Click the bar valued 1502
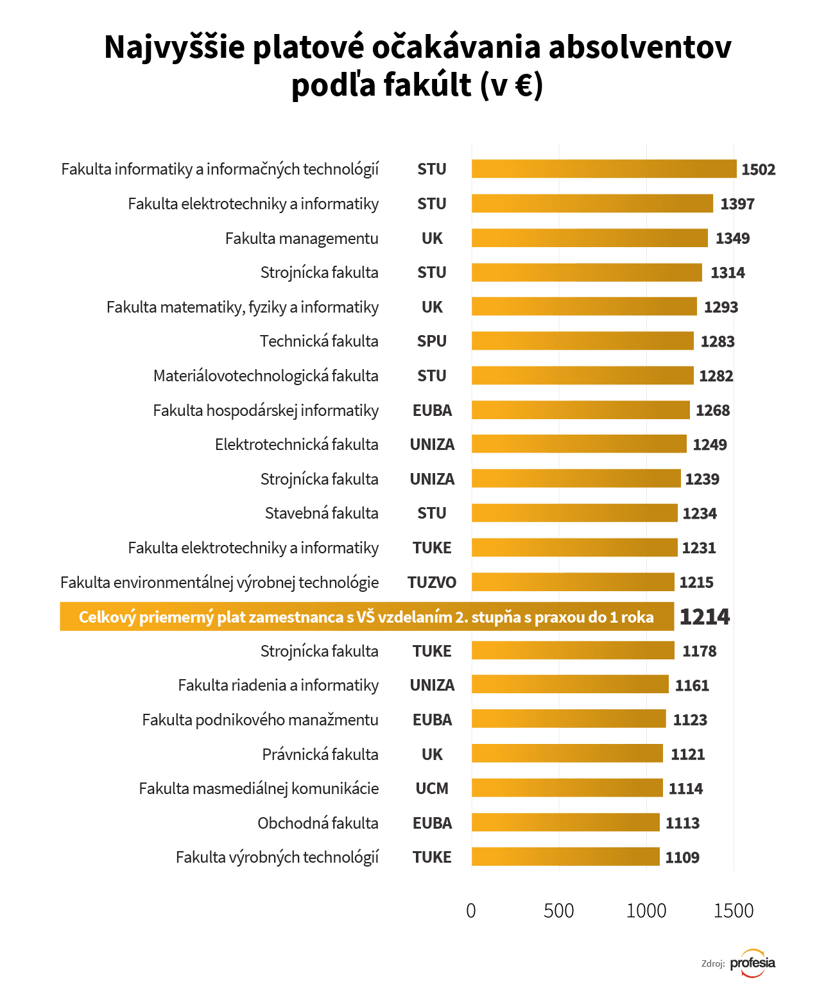pos(603,169)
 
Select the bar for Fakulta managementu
pos(589,238)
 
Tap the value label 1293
pos(721,307)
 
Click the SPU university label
pos(432,341)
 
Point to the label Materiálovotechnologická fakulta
pos(266,376)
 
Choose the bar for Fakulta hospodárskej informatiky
pos(580,410)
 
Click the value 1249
pos(710,445)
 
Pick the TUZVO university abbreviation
pos(432,583)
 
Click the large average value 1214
pos(705,617)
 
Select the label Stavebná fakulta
pos(322,514)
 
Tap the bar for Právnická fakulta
pos(567,754)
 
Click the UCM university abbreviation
pos(432,789)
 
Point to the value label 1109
pos(682,858)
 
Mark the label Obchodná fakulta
pos(318,824)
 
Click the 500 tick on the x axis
pos(558,911)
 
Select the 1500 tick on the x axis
pos(734,911)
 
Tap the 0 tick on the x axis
pos(471,911)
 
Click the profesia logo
pos(753,963)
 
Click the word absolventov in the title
pos(640,48)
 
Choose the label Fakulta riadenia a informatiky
pos(278,686)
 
